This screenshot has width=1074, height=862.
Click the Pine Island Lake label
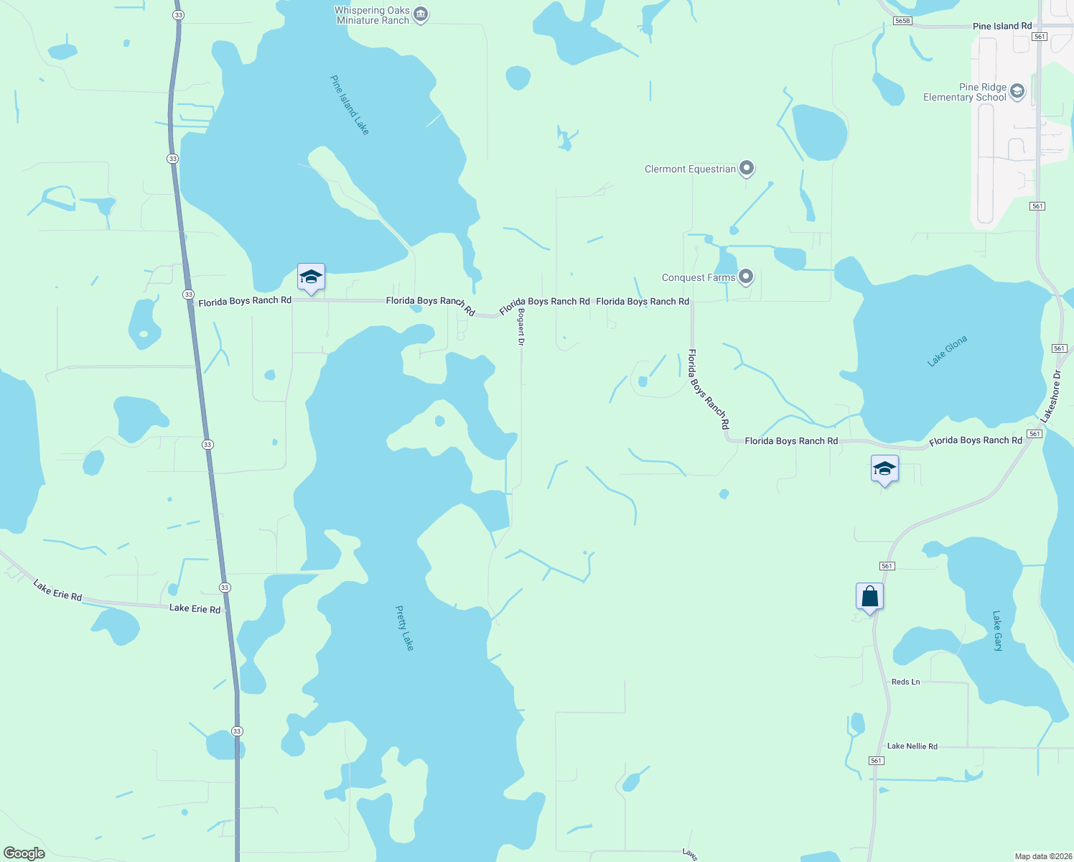(350, 105)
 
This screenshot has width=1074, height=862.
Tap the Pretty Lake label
(405, 628)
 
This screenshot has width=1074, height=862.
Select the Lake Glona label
(947, 351)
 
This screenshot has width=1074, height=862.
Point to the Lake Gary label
(997, 631)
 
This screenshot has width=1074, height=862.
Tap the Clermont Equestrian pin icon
(747, 168)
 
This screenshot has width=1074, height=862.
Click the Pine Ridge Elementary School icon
(1017, 91)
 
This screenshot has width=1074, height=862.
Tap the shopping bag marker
(869, 596)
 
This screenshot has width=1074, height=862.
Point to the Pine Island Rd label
(1002, 26)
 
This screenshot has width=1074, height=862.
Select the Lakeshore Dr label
(1050, 397)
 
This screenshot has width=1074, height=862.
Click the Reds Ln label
(905, 682)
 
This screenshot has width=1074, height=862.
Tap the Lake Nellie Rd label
(912, 746)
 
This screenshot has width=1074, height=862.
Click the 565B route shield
(902, 21)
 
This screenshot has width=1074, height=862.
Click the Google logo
(24, 853)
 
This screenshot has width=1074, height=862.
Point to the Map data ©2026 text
(1042, 856)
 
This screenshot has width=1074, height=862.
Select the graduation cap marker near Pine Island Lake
(311, 277)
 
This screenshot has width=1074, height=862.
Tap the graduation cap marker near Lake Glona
(884, 469)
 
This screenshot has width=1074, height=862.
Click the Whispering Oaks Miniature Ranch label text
(373, 15)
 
